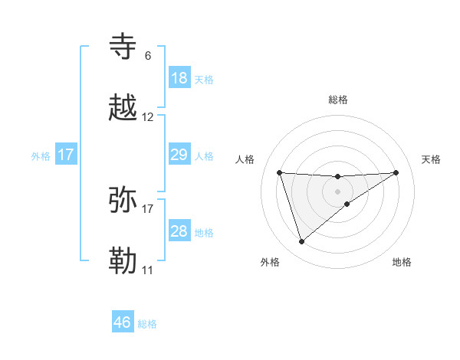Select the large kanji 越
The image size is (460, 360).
click(124, 109)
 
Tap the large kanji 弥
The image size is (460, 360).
click(124, 200)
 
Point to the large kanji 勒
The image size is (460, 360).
click(124, 261)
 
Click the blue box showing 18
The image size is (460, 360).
click(179, 78)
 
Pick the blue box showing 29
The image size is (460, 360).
click(179, 155)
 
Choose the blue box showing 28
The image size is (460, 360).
click(179, 231)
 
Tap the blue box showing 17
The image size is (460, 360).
click(66, 155)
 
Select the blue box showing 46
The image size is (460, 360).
click(123, 322)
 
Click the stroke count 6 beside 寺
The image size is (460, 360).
click(148, 55)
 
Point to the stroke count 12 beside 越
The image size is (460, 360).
click(148, 117)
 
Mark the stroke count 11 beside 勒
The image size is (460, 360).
click(147, 270)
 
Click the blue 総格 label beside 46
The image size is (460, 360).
click(147, 324)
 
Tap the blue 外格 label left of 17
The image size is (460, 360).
click(41, 156)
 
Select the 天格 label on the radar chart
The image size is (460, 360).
click(431, 159)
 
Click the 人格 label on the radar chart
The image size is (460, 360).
click(245, 159)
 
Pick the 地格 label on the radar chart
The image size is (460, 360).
click(402, 262)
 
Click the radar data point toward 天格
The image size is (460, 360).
click(396, 172)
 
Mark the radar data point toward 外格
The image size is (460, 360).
click(301, 242)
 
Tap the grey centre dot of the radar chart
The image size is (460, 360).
click(338, 191)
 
